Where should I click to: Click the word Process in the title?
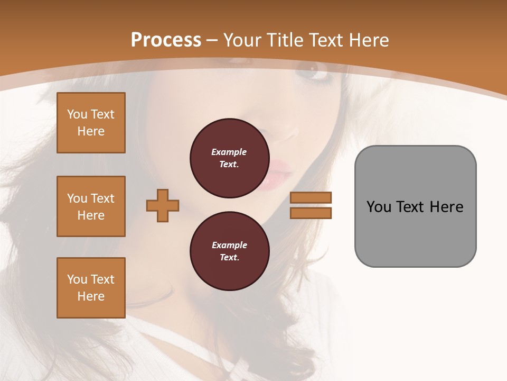click(x=166, y=40)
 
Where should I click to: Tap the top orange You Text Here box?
click(x=91, y=123)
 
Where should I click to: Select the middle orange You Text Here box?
click(x=91, y=206)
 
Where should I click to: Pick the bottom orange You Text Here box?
click(x=91, y=288)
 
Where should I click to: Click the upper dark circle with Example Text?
click(x=229, y=158)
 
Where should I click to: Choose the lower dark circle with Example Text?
click(x=229, y=251)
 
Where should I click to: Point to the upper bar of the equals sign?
click(x=311, y=197)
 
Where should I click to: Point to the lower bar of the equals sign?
click(x=311, y=213)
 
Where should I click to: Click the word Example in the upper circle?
click(x=229, y=152)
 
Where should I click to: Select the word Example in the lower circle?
click(x=229, y=245)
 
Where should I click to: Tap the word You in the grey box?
click(x=378, y=207)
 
